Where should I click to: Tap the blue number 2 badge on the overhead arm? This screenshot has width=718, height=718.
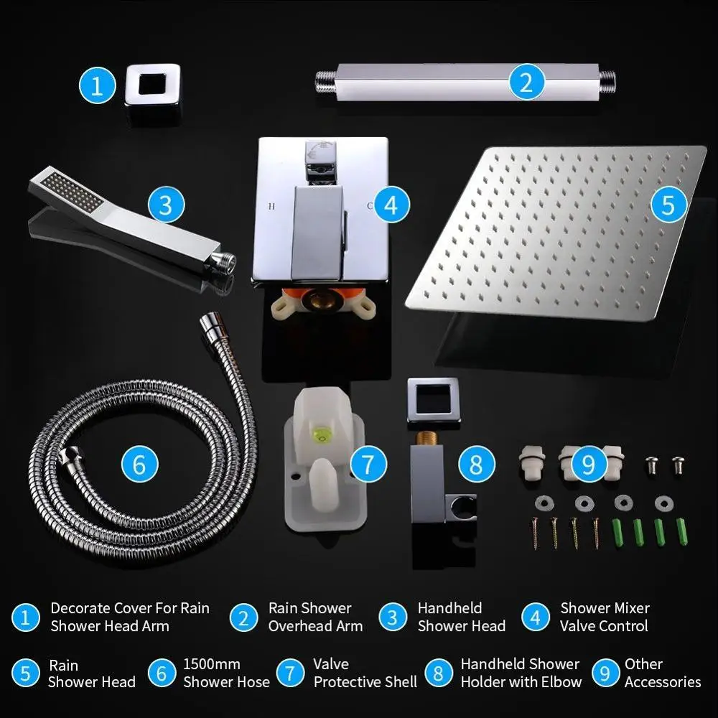pyautogui.click(x=526, y=83)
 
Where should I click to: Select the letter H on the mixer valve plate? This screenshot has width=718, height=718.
pyautogui.click(x=271, y=206)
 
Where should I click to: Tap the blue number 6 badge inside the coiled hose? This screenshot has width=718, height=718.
pyautogui.click(x=140, y=465)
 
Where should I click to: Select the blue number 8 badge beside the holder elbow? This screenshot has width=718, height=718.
pyautogui.click(x=476, y=465)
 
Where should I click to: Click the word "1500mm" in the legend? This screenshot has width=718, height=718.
pyautogui.click(x=212, y=664)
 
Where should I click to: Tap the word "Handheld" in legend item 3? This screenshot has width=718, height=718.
pyautogui.click(x=449, y=608)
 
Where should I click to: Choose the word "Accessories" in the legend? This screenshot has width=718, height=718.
pyautogui.click(x=663, y=682)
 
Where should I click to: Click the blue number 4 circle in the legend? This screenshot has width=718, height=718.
pyautogui.click(x=536, y=617)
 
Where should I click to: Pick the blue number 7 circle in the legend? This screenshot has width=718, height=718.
pyautogui.click(x=290, y=673)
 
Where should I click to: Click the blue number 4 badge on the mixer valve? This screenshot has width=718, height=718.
pyautogui.click(x=391, y=205)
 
